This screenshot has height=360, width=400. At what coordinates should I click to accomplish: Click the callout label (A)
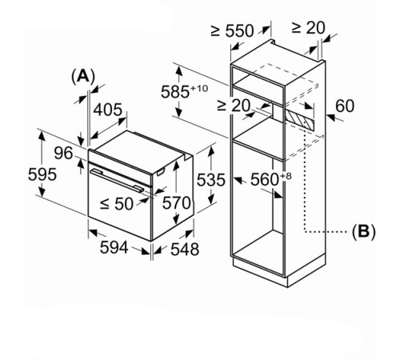83,76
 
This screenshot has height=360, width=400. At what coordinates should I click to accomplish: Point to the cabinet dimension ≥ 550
232,31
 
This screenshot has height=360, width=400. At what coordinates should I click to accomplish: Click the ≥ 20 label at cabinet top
308,27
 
